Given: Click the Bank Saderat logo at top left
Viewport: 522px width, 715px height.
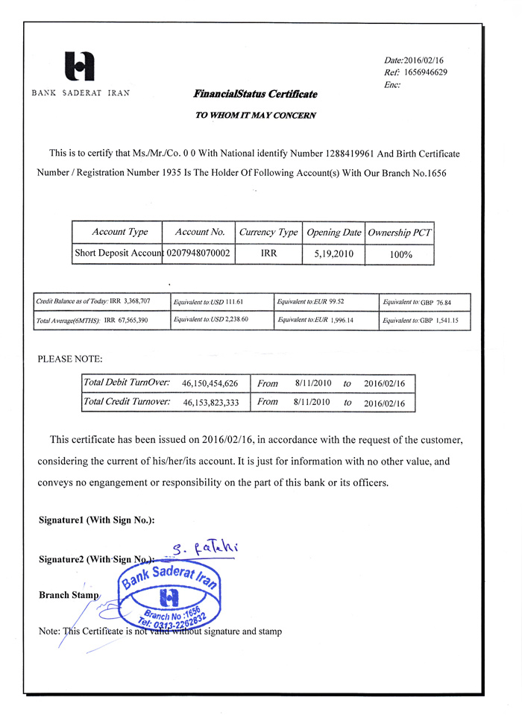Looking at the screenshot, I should pos(80,66).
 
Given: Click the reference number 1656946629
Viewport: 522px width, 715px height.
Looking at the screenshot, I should pos(425,72).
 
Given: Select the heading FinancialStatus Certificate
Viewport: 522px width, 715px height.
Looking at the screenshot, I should pos(255,94).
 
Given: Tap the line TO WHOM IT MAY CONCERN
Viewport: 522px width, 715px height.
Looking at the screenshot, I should pos(255,116).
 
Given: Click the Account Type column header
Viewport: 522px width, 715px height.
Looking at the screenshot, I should pos(119,232).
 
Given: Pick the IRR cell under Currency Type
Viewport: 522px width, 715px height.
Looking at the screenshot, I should pos(268,253).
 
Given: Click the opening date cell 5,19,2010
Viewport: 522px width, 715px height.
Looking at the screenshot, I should pos(333,253).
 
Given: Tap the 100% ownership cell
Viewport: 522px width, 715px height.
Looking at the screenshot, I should pos(400,254).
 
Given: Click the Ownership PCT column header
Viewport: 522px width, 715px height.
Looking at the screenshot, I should pos(400,233).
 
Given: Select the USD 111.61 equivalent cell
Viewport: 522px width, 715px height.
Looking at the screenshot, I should pos(221,301).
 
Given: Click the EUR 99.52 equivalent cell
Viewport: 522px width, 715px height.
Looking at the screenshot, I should pos(327,301).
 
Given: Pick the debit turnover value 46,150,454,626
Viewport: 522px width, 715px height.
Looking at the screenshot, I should pos(210,383).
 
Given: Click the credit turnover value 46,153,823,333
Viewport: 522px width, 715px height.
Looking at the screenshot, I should pos(210,403).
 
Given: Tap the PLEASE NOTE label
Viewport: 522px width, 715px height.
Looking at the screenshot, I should pos(70,359).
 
